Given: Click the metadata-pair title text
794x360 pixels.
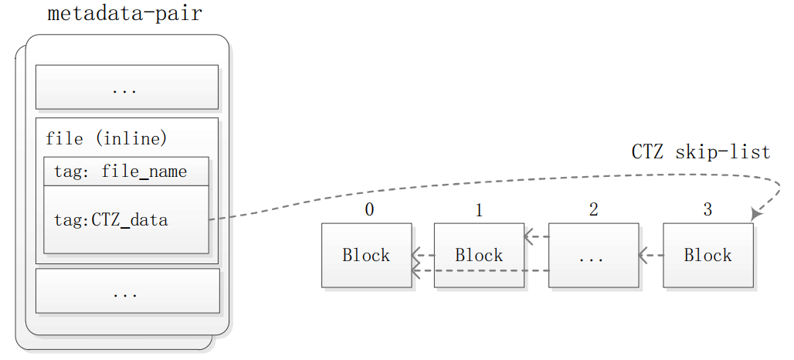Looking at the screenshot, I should point(124,14).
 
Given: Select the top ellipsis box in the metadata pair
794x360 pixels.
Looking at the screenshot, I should point(127,87).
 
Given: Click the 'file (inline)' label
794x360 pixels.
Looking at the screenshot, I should point(106,139).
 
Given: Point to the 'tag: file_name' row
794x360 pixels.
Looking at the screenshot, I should point(126,172).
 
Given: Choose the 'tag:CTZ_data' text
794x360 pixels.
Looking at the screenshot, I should point(110,220).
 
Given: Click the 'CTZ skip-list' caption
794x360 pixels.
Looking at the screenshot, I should point(701,152).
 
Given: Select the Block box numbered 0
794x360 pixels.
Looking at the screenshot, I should point(366,255).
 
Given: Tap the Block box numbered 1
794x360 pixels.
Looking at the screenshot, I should point(479,255).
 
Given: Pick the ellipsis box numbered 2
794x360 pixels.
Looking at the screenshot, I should point(593,255).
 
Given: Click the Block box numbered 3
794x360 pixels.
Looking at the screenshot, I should point(707,255).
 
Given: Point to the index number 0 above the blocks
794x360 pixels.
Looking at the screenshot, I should point(369,210).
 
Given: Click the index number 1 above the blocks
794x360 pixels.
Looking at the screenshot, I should point(479,210).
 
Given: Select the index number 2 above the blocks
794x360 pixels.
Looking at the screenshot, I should point(593,210).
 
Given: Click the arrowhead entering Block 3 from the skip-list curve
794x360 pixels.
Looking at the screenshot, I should point(755,214).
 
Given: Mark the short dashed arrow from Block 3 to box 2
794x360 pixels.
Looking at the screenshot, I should point(650,255).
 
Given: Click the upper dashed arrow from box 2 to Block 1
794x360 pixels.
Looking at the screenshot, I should point(536,237).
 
